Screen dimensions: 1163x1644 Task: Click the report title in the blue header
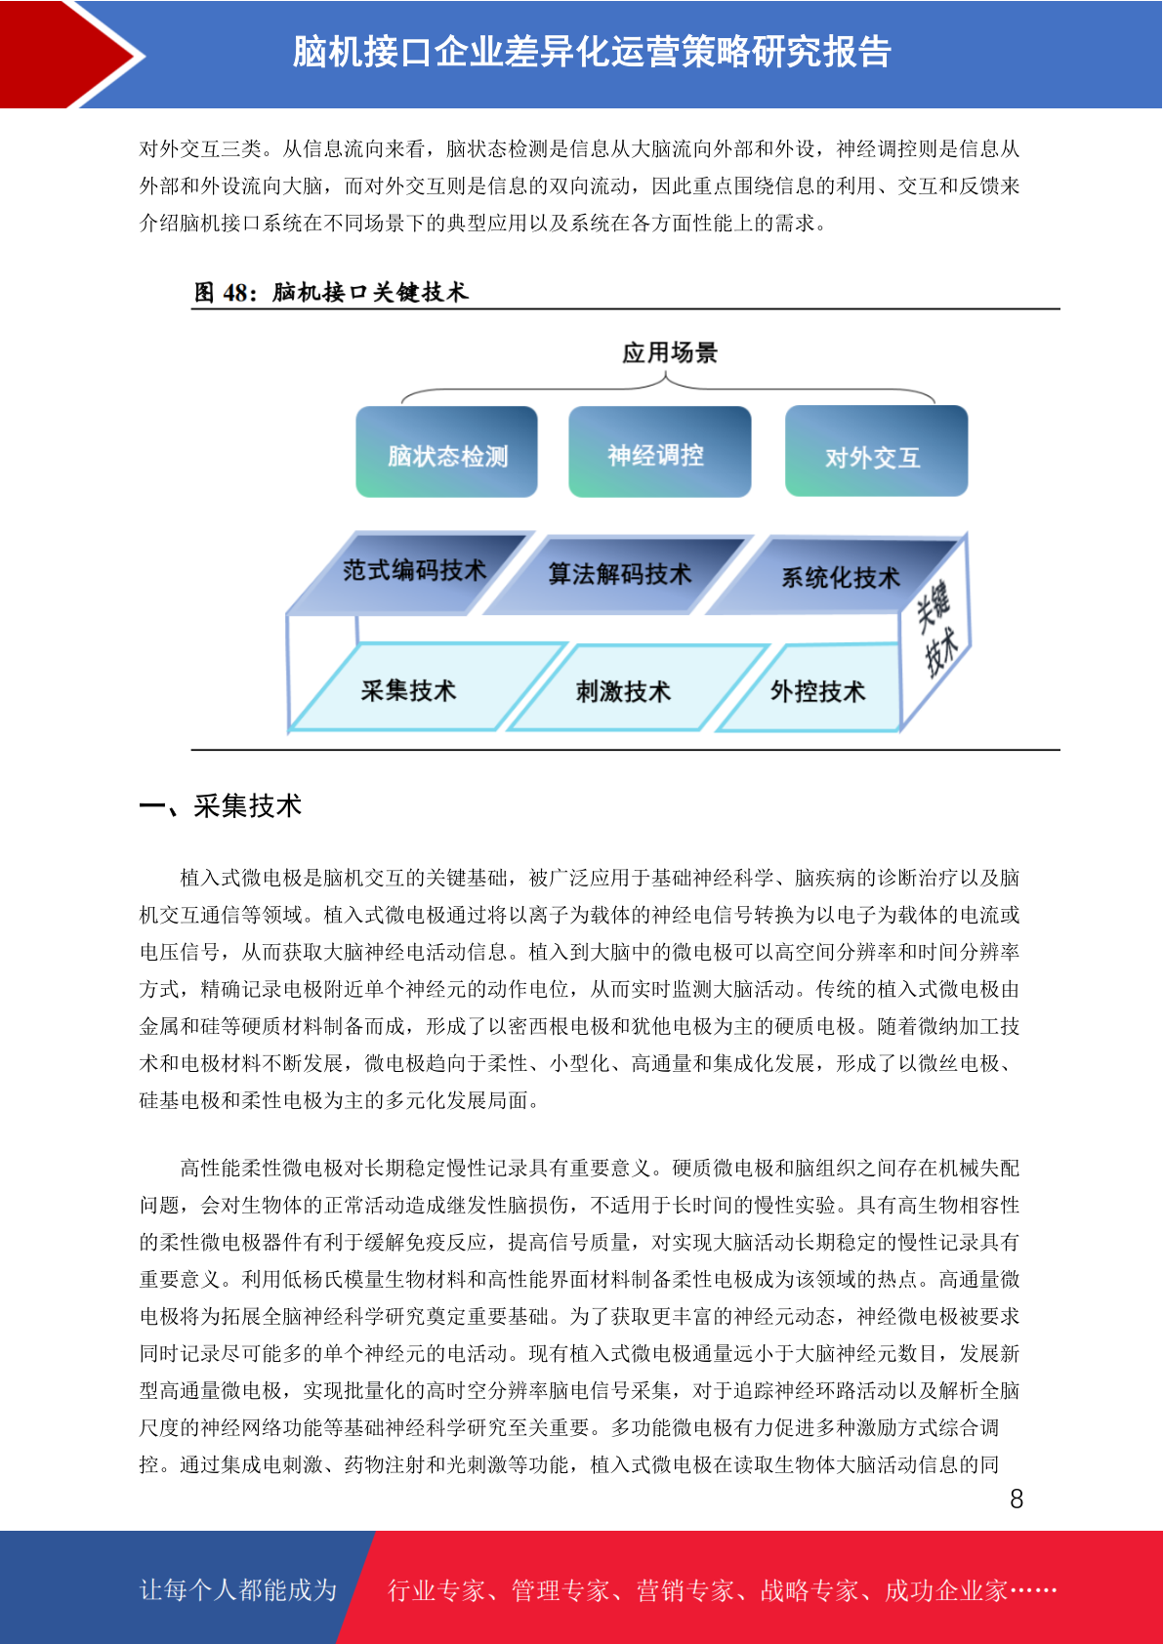pyautogui.click(x=592, y=52)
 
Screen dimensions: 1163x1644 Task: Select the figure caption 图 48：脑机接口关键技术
pyautogui.click(x=330, y=292)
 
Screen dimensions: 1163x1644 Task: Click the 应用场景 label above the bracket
pyautogui.click(x=670, y=353)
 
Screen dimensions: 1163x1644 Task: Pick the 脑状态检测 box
pyautogui.click(x=446, y=451)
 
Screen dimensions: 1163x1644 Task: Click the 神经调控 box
pyautogui.click(x=659, y=451)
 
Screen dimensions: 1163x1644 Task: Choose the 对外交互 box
pyautogui.click(x=876, y=451)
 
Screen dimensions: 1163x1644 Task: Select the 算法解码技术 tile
pyautogui.click(x=618, y=575)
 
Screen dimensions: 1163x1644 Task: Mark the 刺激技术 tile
pyautogui.click(x=638, y=689)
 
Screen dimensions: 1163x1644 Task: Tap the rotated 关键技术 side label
pyautogui.click(x=937, y=629)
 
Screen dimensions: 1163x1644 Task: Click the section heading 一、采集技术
pyautogui.click(x=221, y=805)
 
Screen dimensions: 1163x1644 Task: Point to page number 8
pyautogui.click(x=1017, y=1500)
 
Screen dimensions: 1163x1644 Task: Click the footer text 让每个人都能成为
pyautogui.click(x=238, y=1590)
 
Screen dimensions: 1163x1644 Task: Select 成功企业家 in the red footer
pyautogui.click(x=945, y=1590)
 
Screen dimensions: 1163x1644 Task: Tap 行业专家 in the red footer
pyautogui.click(x=436, y=1590)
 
